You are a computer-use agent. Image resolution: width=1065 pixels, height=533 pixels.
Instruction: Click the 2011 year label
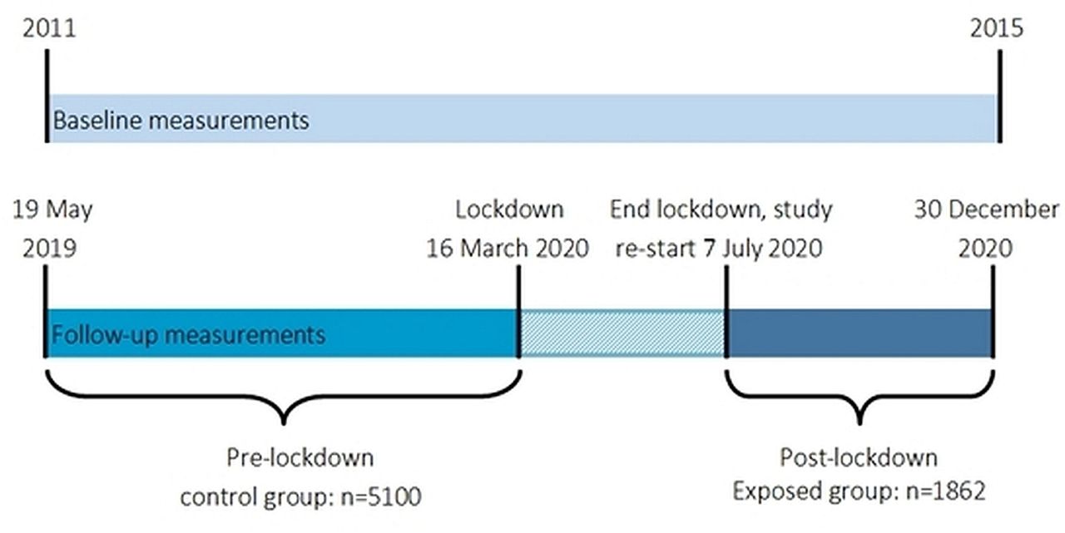click(x=49, y=28)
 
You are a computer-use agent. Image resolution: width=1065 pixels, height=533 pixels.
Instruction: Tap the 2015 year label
click(x=997, y=28)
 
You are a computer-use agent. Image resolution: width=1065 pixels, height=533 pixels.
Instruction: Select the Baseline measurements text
click(x=181, y=120)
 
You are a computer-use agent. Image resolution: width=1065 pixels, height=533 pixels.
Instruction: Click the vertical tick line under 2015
click(x=1000, y=96)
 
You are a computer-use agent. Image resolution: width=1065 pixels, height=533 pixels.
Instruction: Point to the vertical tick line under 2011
click(x=47, y=96)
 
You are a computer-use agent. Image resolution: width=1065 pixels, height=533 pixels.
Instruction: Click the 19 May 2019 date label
click(x=52, y=229)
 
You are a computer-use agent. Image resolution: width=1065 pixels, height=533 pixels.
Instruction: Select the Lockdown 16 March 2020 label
click(x=508, y=229)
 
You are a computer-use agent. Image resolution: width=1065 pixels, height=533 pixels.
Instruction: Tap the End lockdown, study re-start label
click(x=721, y=229)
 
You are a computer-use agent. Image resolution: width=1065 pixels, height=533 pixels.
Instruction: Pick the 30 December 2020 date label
click(x=986, y=229)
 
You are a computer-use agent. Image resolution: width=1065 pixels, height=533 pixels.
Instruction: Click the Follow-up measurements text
click(x=188, y=335)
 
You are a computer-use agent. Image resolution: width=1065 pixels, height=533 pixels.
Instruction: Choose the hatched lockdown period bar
click(x=622, y=333)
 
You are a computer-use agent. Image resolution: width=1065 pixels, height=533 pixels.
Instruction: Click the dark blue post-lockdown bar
click(x=859, y=333)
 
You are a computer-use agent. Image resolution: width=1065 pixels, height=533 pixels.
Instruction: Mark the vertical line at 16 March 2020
click(x=518, y=312)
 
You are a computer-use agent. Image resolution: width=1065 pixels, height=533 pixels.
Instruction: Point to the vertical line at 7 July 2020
click(x=726, y=312)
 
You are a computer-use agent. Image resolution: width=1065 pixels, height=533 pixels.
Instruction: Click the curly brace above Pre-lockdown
click(x=284, y=396)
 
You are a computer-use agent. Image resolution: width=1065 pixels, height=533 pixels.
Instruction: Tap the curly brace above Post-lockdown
click(x=859, y=396)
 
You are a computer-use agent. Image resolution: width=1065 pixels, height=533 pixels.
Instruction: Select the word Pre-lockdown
click(x=300, y=458)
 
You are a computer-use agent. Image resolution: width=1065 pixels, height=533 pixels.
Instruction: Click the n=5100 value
click(x=381, y=497)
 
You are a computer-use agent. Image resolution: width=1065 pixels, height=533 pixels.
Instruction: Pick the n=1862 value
click(x=945, y=491)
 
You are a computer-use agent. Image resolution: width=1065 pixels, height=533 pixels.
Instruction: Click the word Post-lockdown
click(x=859, y=458)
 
